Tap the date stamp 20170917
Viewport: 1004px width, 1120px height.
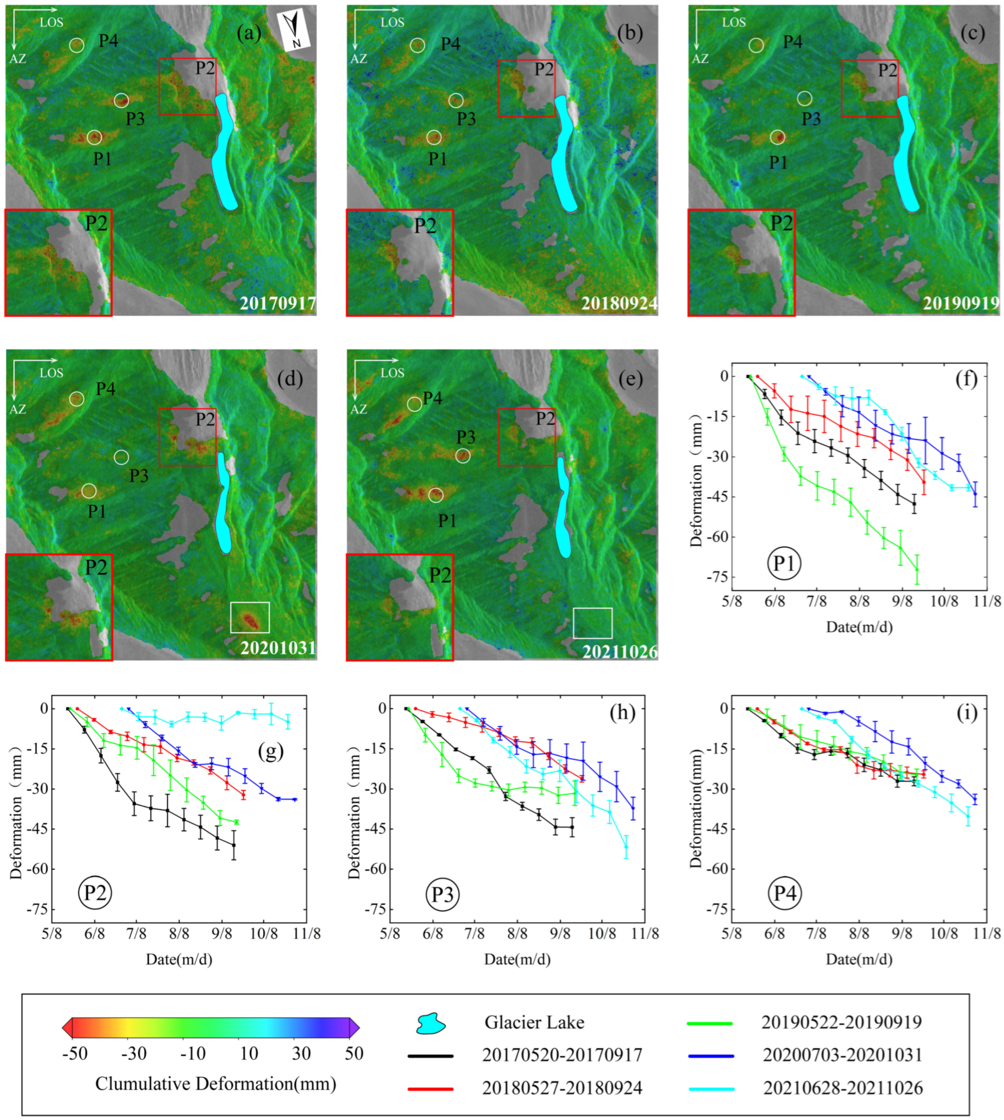coord(277,303)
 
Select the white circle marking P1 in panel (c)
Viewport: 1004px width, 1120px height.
coord(777,137)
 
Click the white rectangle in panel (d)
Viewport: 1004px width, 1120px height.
coord(250,617)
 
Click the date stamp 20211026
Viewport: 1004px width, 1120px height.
coord(620,652)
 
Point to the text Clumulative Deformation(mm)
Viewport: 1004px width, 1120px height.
coord(216,1083)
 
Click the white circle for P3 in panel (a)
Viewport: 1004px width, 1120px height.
coord(121,100)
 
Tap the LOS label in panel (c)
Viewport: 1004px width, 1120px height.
coord(734,22)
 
